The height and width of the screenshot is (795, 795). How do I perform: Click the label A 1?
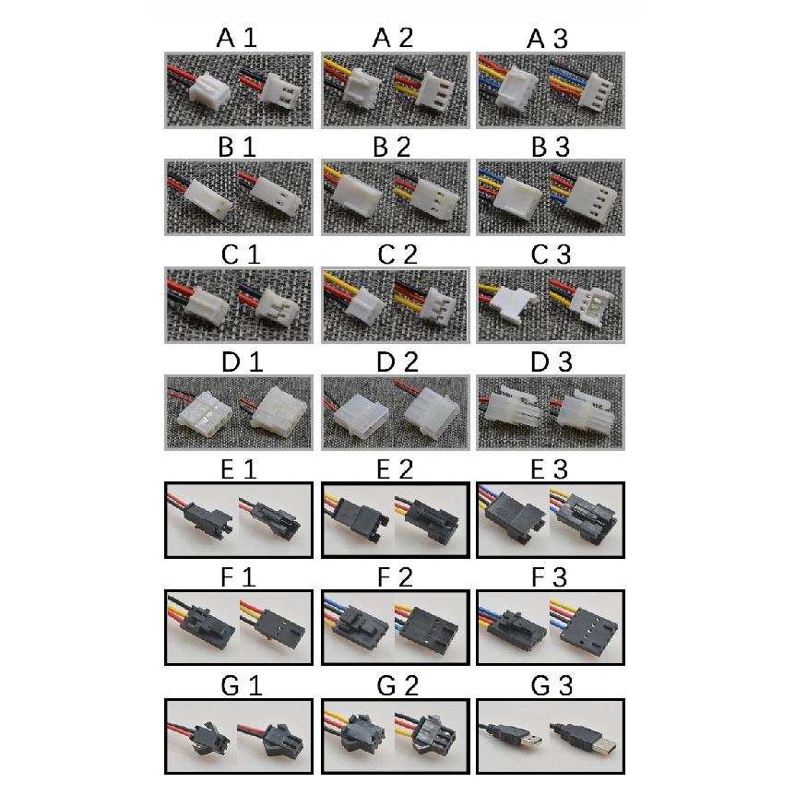click(x=237, y=38)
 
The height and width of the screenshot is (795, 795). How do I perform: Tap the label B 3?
click(x=550, y=147)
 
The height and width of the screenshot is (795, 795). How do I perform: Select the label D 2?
click(x=397, y=362)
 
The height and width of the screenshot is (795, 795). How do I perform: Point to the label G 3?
click(x=552, y=686)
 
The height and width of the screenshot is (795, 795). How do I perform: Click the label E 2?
click(x=395, y=469)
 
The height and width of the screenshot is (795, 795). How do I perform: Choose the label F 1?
click(x=238, y=577)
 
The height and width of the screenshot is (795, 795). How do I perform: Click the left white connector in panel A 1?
click(x=209, y=92)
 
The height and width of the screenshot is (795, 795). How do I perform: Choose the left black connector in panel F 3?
click(x=518, y=630)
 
